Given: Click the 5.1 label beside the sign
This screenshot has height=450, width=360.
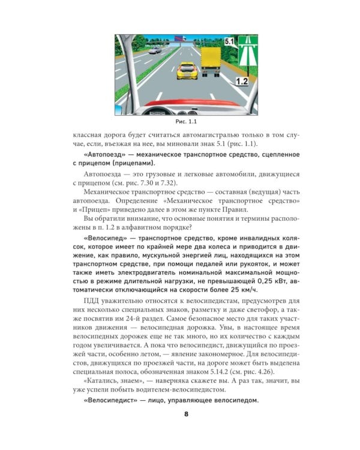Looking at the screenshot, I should [229, 42].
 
